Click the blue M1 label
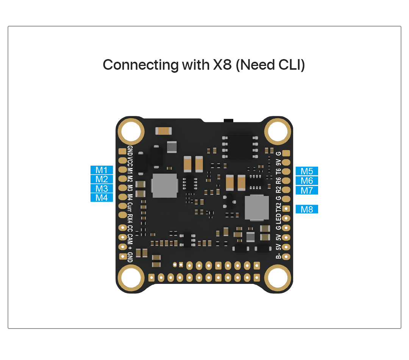[x=101, y=170]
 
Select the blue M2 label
[x=101, y=179]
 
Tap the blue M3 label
[x=101, y=188]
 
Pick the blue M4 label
[x=101, y=198]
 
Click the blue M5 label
[x=307, y=171]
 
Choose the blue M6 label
[x=307, y=181]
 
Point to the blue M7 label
[x=307, y=190]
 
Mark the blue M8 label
[x=307, y=209]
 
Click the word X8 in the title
[x=222, y=65]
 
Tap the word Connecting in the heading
[x=140, y=65]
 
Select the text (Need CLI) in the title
[x=270, y=65]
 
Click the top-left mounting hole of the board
[x=131, y=131]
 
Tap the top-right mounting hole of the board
[x=278, y=131]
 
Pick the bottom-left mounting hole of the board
[x=131, y=278]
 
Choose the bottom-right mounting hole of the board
[x=278, y=278]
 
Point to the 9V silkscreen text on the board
[x=279, y=162]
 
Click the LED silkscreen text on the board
[x=279, y=219]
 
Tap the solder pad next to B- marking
[x=286, y=257]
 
